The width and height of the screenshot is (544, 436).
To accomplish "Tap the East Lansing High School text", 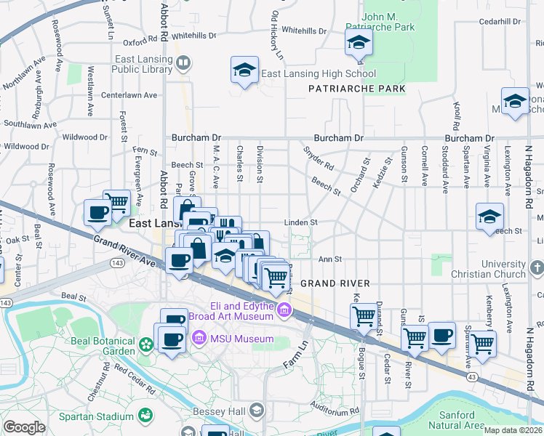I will click(x=319, y=73).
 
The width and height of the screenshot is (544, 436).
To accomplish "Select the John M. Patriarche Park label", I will click(x=388, y=21).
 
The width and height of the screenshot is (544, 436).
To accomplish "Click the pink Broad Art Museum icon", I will click(x=283, y=312).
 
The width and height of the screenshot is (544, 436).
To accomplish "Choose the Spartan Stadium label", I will click(x=95, y=416).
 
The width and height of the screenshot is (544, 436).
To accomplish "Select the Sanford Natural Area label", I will click(x=457, y=419).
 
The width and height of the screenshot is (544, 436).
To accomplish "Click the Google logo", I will click(x=24, y=427).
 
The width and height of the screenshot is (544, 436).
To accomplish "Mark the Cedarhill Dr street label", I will click(x=500, y=22).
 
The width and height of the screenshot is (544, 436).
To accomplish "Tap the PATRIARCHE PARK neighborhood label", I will click(x=356, y=89).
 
